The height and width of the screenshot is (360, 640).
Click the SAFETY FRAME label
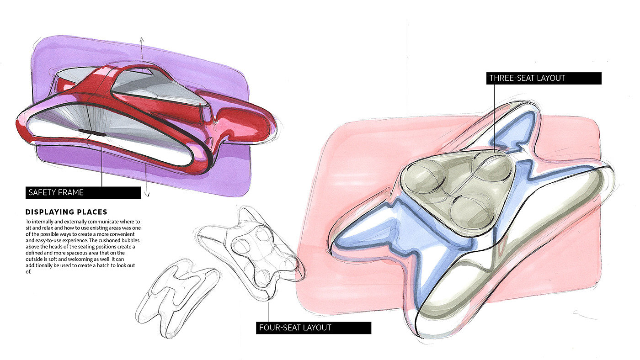[83, 192]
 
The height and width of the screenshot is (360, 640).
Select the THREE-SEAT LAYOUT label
[544, 78]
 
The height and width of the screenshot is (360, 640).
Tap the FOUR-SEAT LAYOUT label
[313, 328]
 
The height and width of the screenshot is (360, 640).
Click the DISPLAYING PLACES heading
[66, 212]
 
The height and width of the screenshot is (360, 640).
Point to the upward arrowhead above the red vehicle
[142, 40]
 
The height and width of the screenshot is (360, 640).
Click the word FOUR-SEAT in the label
[278, 328]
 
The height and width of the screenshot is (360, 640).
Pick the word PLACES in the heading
[91, 212]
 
